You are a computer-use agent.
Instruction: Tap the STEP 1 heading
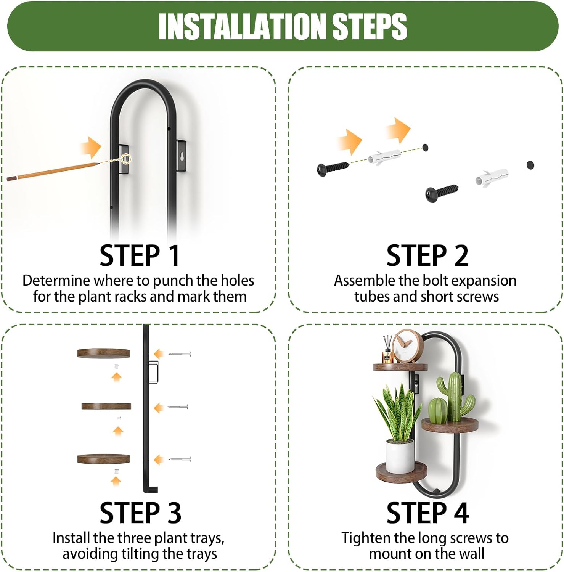point(140,255)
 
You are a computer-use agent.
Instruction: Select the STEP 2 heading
point(427,255)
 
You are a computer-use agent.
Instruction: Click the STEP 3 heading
point(140,513)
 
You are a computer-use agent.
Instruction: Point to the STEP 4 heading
point(427,513)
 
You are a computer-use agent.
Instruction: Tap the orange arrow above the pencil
point(91,147)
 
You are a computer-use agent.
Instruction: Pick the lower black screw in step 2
point(442,192)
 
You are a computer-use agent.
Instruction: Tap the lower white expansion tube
point(492,176)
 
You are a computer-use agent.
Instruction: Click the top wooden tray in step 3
point(104,353)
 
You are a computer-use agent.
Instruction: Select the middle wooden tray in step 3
point(106,406)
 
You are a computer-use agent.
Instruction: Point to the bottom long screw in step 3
point(180,459)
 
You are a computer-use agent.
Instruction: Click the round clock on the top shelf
point(408,346)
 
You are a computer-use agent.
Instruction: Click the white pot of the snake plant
point(400,456)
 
